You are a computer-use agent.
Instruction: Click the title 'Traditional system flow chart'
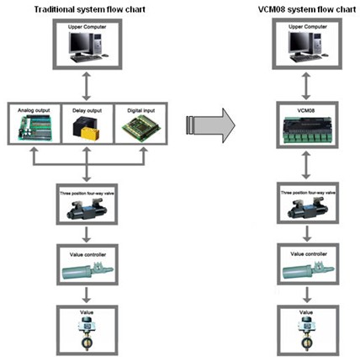coord(90,9)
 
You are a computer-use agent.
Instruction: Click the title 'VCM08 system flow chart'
coord(307,9)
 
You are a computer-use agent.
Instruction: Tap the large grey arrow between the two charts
coord(210,125)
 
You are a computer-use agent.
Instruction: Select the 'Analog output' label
coord(34,110)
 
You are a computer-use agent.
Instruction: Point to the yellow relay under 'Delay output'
coord(90,133)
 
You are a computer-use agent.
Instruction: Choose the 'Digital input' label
coord(141,110)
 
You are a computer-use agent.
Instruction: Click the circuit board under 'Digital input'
coord(141,127)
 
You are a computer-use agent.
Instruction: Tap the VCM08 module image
coord(308,130)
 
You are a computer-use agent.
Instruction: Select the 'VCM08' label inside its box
coord(306,110)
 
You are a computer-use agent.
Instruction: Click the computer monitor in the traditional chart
coord(81,44)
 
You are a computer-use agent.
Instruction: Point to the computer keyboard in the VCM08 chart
coord(305,58)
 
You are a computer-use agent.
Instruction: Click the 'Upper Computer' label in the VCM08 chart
coord(308,27)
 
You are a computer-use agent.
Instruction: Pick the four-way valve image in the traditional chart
coord(87,208)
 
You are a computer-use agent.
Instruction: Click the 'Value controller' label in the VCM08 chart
coord(309,254)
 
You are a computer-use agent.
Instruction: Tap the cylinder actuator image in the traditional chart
coord(87,270)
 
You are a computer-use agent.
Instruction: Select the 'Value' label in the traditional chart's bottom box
coord(87,312)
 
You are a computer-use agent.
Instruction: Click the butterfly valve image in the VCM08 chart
coord(307,333)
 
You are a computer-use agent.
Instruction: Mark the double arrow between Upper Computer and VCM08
coord(306,86)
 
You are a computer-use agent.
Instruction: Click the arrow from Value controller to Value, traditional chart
coord(87,295)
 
